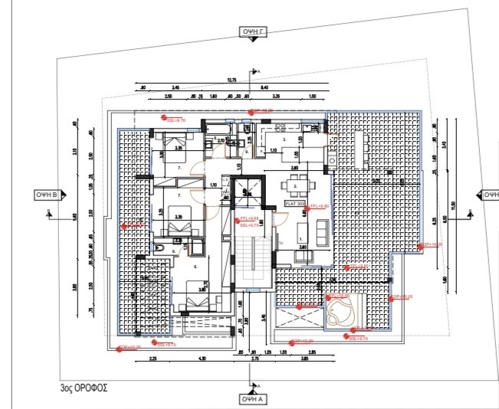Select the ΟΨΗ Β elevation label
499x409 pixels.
coord(48,195)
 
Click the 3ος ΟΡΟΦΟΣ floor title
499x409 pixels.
coord(84,388)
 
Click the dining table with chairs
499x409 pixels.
coord(295,185)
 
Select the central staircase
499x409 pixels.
coord(249,260)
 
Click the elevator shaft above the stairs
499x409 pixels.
coord(248,190)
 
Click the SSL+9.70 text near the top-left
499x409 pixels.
coord(176,119)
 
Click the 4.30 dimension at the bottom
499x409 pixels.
coord(202,358)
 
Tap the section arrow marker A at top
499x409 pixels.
coord(257,72)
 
